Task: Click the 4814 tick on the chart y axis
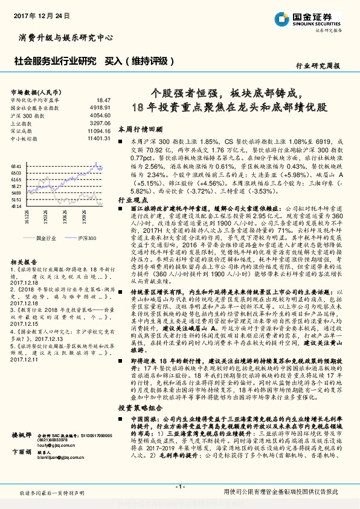(x=16, y=206)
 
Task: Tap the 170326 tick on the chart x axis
(x=46, y=218)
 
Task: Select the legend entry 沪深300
(x=88, y=239)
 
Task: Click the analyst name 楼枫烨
(x=22, y=435)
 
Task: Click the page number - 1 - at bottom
(x=179, y=487)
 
